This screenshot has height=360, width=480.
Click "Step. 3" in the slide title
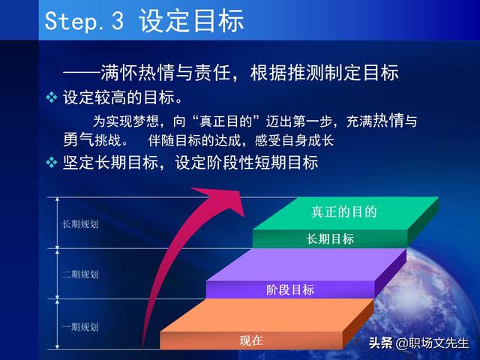pos(84,21)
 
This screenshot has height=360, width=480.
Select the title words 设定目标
pos(191,20)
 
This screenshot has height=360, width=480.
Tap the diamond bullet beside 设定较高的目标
pos(52,97)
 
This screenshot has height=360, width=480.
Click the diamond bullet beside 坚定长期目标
pos(52,162)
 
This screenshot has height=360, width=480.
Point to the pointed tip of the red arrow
pos(244,216)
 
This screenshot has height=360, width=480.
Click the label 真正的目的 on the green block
pos(343,211)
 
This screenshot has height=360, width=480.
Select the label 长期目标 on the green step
pos(330,238)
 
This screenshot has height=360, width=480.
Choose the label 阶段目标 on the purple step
pos(290,289)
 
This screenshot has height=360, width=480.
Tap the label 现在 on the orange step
pos(251,340)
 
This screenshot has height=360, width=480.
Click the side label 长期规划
pos(80,224)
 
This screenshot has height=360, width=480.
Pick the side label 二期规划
pos(80,274)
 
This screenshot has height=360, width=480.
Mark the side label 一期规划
pos(80,327)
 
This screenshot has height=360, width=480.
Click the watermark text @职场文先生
pos(432,343)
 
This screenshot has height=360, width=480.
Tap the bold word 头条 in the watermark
pos(380,343)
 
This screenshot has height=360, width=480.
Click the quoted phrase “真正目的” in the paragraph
pos(226,121)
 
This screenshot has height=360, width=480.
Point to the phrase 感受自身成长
pos(294,140)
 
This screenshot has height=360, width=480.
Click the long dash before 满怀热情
pos(82,73)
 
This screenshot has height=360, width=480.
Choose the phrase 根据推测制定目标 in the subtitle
pos(325,73)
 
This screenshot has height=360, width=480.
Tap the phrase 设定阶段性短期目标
pos(247,162)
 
